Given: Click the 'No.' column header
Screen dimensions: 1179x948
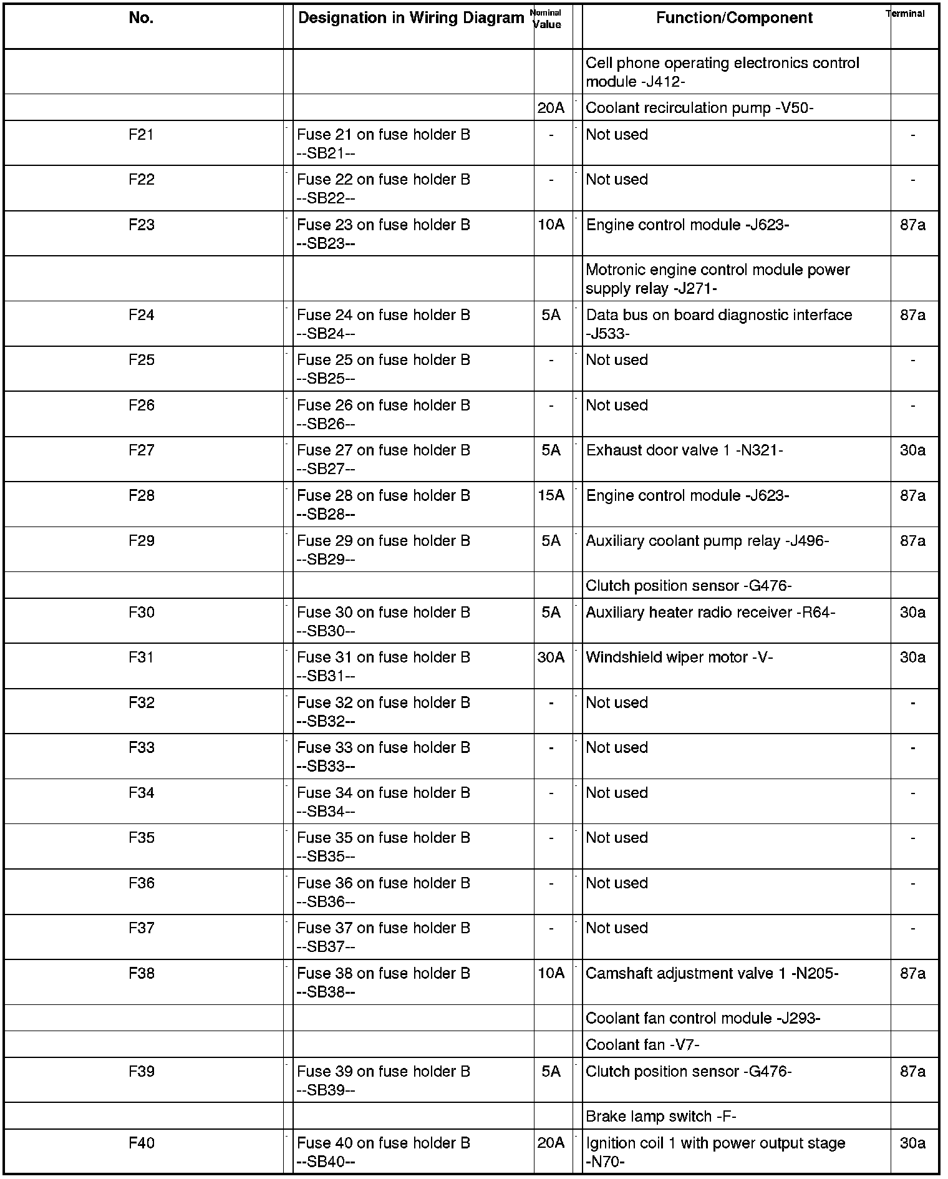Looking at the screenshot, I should coord(141,18).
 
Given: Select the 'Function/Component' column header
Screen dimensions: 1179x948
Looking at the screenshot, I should coord(734,18).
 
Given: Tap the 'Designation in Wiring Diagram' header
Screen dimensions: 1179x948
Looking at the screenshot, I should coord(411,18).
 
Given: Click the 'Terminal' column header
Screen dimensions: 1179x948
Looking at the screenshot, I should coord(905,14).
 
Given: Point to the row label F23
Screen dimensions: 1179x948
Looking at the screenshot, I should coord(141,225).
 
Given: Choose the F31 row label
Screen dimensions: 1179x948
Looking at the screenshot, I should coord(141,657).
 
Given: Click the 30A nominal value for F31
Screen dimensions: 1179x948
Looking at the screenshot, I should coord(551,657).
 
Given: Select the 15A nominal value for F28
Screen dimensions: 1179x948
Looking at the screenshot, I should coord(551,495).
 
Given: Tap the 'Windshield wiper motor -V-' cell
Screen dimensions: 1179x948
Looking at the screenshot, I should coord(679,657).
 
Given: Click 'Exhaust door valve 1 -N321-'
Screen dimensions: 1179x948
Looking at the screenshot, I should coord(684,450).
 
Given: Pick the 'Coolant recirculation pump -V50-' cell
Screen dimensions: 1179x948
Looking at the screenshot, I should coord(699,108).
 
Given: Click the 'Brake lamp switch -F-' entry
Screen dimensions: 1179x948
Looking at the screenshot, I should coord(661,1116).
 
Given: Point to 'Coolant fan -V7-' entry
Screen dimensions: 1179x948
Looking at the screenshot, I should coord(642,1044).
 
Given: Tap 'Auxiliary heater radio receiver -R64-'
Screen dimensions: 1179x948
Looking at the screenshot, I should coord(710,612).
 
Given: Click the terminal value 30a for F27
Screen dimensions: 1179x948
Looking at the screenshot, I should coord(912,450).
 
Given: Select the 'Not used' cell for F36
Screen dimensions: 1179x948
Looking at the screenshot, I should coord(617,883).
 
